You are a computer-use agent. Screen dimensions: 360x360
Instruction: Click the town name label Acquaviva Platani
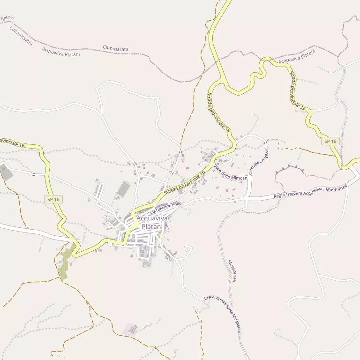coord(149,222)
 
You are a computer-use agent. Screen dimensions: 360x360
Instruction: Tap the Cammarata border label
coord(115,49)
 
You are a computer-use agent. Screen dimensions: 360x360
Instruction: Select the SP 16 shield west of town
coord(53,199)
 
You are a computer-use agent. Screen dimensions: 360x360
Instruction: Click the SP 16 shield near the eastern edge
coord(330,141)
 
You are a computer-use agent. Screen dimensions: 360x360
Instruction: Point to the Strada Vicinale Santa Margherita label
coord(223,314)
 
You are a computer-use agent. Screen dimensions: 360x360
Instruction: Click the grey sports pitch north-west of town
coord(123,190)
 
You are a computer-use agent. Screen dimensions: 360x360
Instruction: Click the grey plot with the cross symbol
coord(6,172)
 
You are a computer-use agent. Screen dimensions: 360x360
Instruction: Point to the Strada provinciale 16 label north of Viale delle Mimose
coord(218,111)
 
